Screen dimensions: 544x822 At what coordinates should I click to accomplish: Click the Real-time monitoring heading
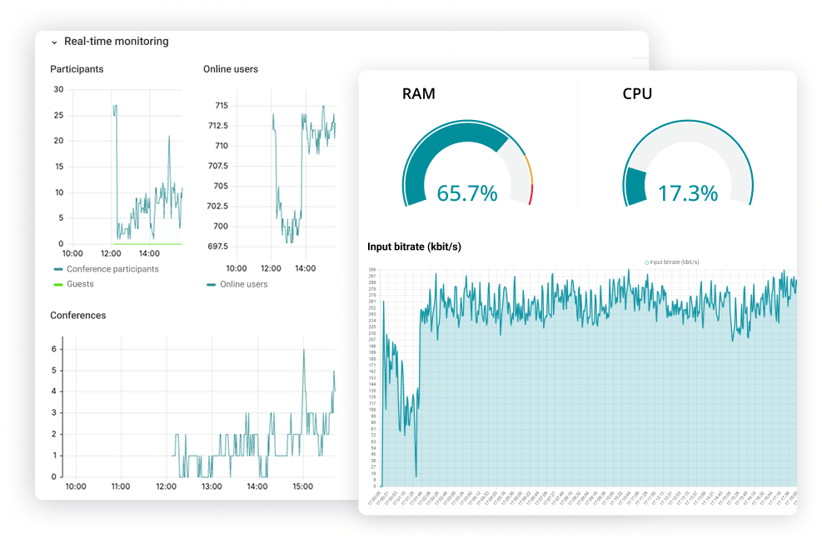[x=116, y=42]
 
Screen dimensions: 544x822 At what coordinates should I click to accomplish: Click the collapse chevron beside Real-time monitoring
[x=54, y=42]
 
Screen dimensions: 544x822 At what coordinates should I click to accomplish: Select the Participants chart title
[x=77, y=69]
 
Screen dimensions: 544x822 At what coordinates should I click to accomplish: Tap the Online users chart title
[x=231, y=69]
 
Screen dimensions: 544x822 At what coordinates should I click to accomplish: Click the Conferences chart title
[x=78, y=316]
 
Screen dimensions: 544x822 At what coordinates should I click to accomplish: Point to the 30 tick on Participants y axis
[x=58, y=89]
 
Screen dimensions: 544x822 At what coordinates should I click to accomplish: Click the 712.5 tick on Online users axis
[x=217, y=126]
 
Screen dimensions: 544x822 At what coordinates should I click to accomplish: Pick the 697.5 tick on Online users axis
[x=217, y=247]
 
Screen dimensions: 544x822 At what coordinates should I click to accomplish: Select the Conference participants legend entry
[x=112, y=269]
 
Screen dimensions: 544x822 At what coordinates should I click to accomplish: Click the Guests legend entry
[x=80, y=284]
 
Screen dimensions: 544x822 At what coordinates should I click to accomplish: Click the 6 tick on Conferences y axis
[x=54, y=348]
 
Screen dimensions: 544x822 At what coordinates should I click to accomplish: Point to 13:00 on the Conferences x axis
[x=212, y=487]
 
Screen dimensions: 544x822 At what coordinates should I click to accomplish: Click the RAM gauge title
[x=418, y=93]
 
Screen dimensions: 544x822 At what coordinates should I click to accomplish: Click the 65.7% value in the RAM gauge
[x=467, y=193]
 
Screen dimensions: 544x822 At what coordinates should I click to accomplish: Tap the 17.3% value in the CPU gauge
[x=688, y=193]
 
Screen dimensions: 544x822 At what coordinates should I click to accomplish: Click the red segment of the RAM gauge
[x=531, y=194]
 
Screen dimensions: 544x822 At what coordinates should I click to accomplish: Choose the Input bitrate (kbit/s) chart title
[x=414, y=247]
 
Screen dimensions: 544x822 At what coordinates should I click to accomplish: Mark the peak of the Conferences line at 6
[x=304, y=350]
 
